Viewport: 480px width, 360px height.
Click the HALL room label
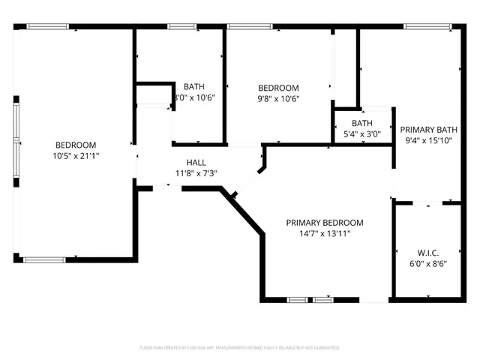[x=196, y=162]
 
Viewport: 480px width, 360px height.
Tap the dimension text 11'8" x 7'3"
[x=196, y=173]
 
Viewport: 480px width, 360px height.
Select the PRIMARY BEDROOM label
[x=324, y=223]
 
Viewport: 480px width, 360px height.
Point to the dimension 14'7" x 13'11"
[x=324, y=234]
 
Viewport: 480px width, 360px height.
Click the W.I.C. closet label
[x=428, y=253]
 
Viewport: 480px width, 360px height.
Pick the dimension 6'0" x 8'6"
[x=428, y=264]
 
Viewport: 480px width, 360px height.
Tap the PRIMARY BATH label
[x=428, y=129]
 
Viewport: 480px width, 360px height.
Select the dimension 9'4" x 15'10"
[x=428, y=140]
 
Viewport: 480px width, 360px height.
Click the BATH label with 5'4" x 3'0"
[x=362, y=124]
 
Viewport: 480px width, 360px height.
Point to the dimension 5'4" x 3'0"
[x=362, y=135]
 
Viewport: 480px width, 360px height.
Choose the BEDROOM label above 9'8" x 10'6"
[x=278, y=87]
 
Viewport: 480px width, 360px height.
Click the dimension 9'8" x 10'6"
[x=278, y=98]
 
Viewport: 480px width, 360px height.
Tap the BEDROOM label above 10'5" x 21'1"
[x=75, y=145]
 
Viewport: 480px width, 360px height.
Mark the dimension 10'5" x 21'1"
[x=75, y=156]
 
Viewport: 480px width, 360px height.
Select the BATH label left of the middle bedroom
[x=193, y=86]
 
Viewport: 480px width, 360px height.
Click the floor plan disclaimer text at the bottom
[x=240, y=348]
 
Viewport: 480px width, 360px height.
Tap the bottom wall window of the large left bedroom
[x=44, y=259]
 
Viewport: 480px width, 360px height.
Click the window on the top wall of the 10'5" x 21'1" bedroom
[x=48, y=27]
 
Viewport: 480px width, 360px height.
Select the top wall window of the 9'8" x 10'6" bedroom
[x=250, y=27]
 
